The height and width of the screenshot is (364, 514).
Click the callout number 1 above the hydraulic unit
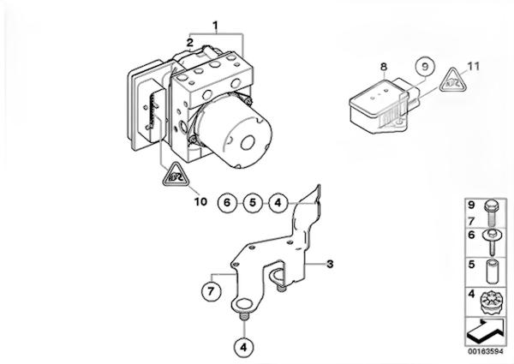coord(215,25)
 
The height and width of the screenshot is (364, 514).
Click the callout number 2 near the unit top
coord(190,43)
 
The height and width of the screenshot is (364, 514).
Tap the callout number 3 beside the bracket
coord(330,264)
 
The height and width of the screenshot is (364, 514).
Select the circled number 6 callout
coord(227,203)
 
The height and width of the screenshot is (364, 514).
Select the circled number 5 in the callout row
coord(253,203)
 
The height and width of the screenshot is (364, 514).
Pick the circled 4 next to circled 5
coord(278,203)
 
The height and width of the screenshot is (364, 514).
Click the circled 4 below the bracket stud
coord(244,347)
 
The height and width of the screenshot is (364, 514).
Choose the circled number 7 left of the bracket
coord(211,291)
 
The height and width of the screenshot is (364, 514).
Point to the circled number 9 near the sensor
coord(425,67)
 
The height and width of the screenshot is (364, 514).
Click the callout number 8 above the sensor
coord(384,67)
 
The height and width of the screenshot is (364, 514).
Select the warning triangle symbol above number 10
coord(176,175)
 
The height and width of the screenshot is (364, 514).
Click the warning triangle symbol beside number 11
coord(453,81)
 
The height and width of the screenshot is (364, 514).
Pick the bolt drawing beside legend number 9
coord(492,213)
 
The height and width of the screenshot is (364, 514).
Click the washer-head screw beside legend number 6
coord(492,242)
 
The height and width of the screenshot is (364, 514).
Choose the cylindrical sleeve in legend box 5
coord(492,272)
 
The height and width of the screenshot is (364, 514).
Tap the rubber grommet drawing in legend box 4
coord(490,303)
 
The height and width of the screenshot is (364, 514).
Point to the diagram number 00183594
coord(486,351)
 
